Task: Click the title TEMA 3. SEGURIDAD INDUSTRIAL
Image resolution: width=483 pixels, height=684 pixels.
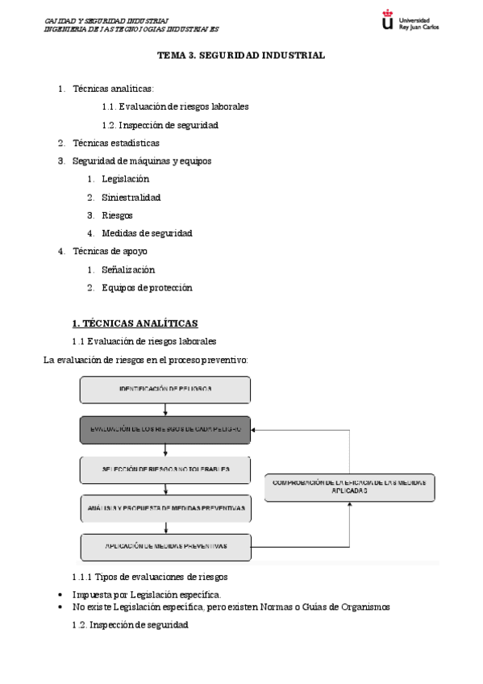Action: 241,56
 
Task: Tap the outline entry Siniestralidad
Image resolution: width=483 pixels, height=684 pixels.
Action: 131,197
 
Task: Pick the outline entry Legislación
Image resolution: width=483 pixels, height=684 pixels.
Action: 125,179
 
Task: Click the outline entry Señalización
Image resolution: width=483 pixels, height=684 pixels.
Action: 128,269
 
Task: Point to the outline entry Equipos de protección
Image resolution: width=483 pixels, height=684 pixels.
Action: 147,287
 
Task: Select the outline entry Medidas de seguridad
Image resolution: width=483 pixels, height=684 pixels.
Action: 147,233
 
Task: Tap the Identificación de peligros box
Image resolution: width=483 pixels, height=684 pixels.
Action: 165,390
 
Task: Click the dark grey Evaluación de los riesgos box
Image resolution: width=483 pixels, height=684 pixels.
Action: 165,429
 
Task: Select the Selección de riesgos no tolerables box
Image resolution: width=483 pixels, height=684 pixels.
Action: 165,469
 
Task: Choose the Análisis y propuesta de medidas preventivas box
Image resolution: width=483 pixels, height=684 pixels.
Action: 165,508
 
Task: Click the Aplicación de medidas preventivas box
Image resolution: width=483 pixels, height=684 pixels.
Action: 165,547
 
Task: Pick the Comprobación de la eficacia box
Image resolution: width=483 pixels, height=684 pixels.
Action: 349,486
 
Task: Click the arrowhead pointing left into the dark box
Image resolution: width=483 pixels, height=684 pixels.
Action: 256,429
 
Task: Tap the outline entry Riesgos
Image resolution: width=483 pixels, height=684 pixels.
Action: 117,215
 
